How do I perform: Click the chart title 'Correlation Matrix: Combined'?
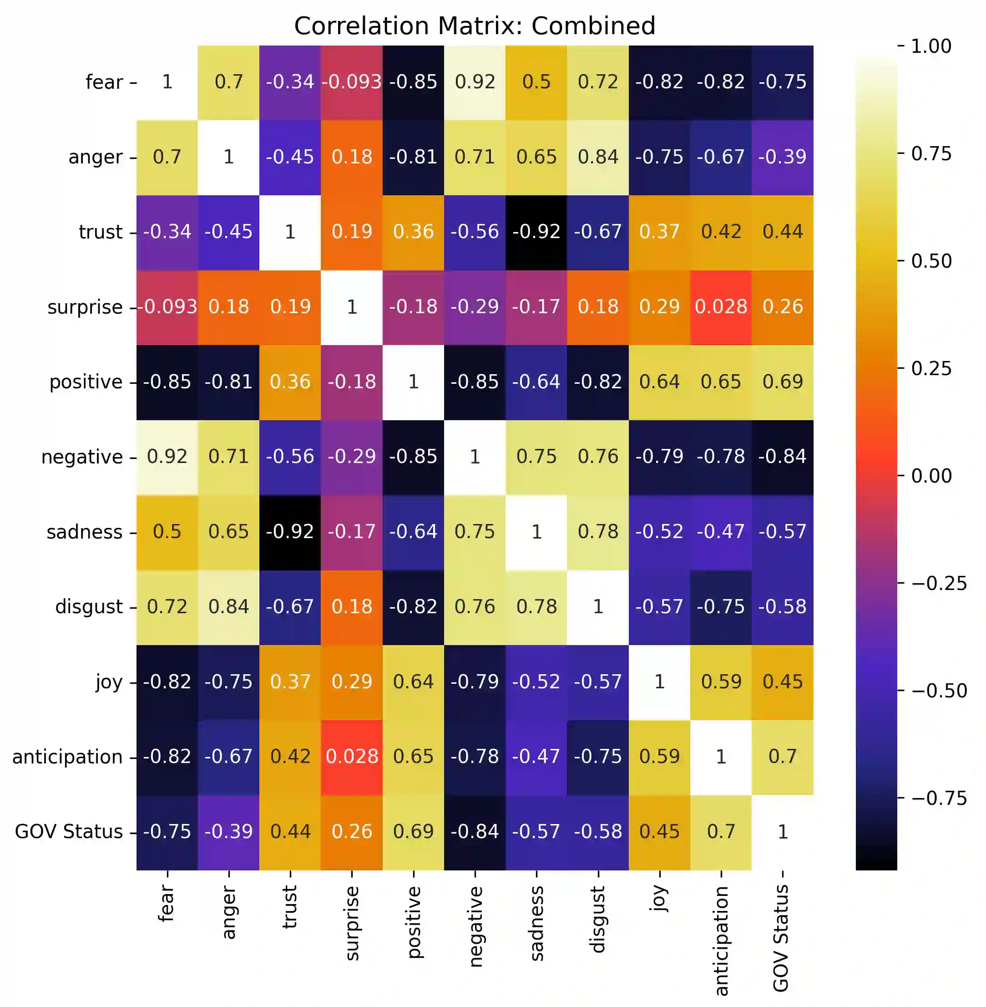coord(475,26)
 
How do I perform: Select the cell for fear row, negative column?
coord(475,82)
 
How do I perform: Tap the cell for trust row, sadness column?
coord(536,232)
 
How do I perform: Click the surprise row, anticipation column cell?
coord(721,307)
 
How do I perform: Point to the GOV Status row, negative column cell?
coord(475,832)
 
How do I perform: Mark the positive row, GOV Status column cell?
coord(783,382)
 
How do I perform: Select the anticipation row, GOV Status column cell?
coord(783,757)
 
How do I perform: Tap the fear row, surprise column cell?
coord(352,82)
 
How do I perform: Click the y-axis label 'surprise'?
coord(85,307)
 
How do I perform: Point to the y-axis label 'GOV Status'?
coord(68,832)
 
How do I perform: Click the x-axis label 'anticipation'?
coord(721,941)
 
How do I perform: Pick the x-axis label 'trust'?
coord(290,906)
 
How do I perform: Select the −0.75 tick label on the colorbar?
coord(938,798)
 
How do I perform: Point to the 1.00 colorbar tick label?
coord(931,46)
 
